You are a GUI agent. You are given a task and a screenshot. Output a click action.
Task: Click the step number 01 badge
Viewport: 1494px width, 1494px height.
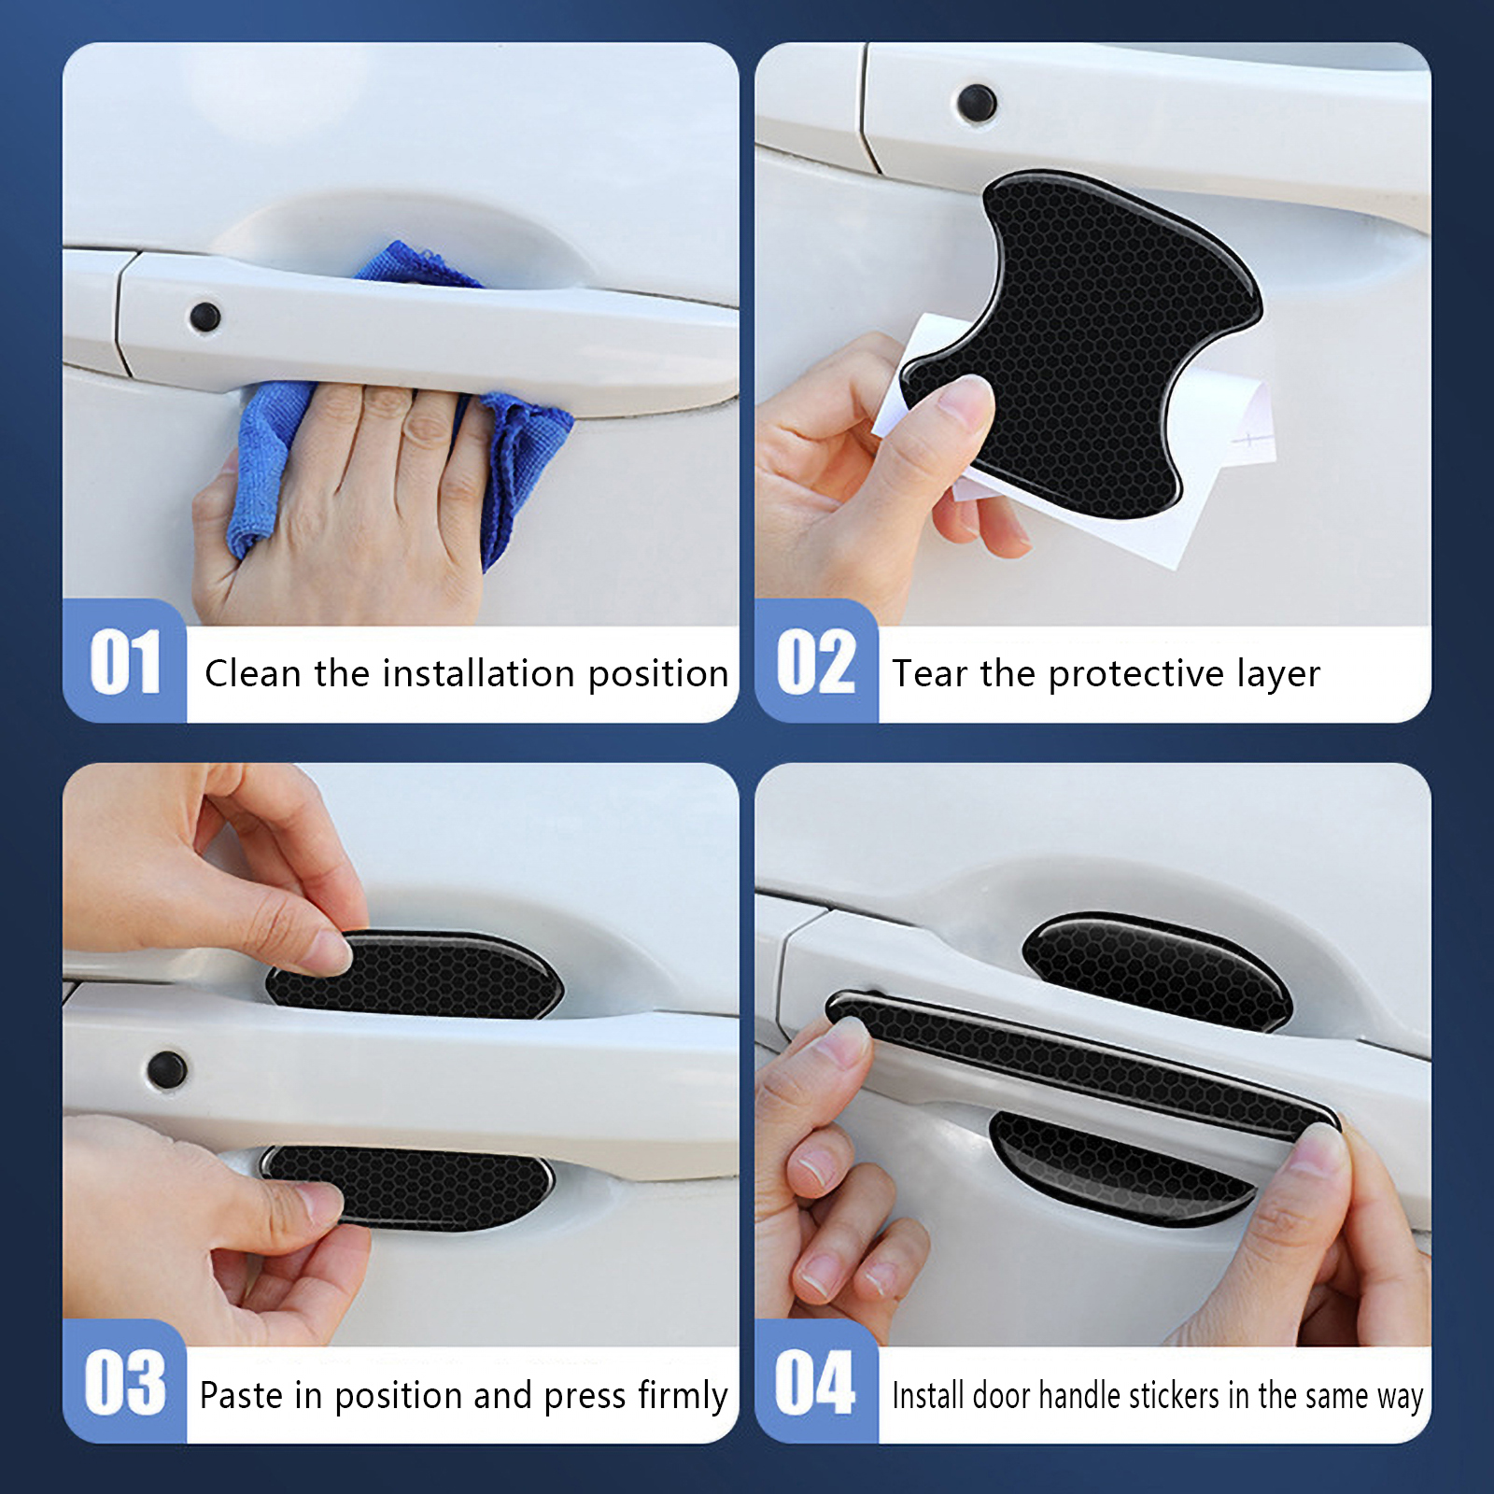[x=124, y=661]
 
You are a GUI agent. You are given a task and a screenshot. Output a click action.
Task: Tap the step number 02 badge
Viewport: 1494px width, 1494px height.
[x=816, y=661]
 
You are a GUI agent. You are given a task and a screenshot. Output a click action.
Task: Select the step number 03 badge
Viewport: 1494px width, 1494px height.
[x=124, y=1382]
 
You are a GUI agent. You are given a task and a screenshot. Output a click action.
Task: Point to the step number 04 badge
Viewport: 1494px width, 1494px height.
[x=816, y=1382]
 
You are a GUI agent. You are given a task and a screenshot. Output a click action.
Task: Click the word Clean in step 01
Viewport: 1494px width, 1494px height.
[x=254, y=673]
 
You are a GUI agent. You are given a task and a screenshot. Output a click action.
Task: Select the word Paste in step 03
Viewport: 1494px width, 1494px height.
[x=241, y=1395]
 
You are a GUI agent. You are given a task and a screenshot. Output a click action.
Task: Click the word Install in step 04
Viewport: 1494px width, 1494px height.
[x=927, y=1395]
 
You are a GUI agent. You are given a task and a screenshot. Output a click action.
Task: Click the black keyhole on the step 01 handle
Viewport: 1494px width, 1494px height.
[x=204, y=317]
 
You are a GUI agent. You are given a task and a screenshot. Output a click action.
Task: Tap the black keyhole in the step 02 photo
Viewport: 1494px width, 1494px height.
[x=977, y=103]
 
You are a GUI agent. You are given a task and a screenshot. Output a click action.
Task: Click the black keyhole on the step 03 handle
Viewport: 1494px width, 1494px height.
[x=167, y=1070]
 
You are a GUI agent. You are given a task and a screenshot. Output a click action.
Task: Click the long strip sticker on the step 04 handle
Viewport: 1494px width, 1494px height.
[x=1083, y=1064]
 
